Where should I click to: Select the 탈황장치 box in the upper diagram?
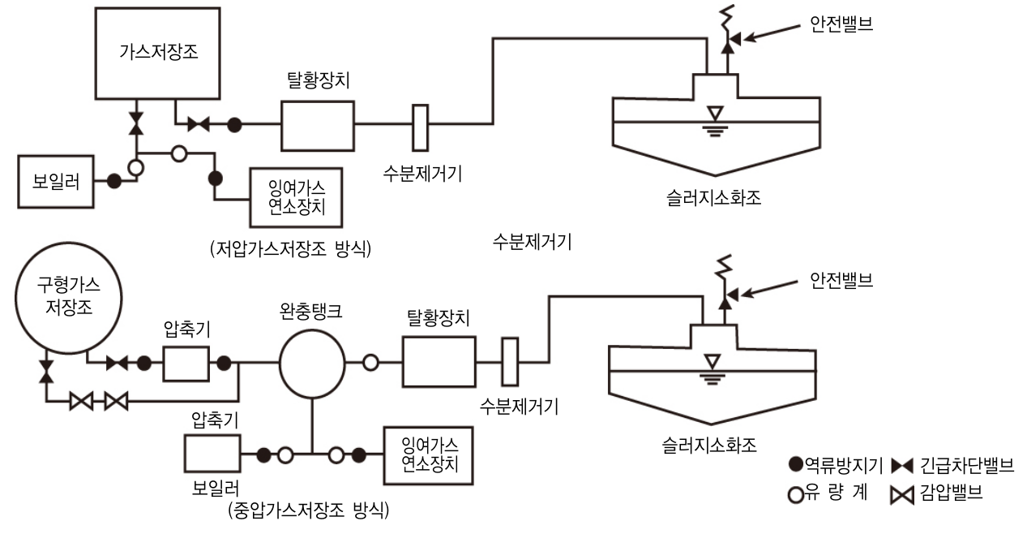(317, 126)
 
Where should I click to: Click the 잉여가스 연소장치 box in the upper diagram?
(297, 197)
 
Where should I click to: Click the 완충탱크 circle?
(312, 363)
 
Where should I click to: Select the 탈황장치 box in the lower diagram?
(439, 363)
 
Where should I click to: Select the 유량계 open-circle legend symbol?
(796, 493)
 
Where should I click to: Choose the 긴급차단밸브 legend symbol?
(901, 466)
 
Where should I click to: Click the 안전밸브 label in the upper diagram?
(841, 25)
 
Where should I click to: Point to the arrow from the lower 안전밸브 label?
(770, 291)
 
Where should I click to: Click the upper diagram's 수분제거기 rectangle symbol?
(420, 127)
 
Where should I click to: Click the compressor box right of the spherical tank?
(186, 363)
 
